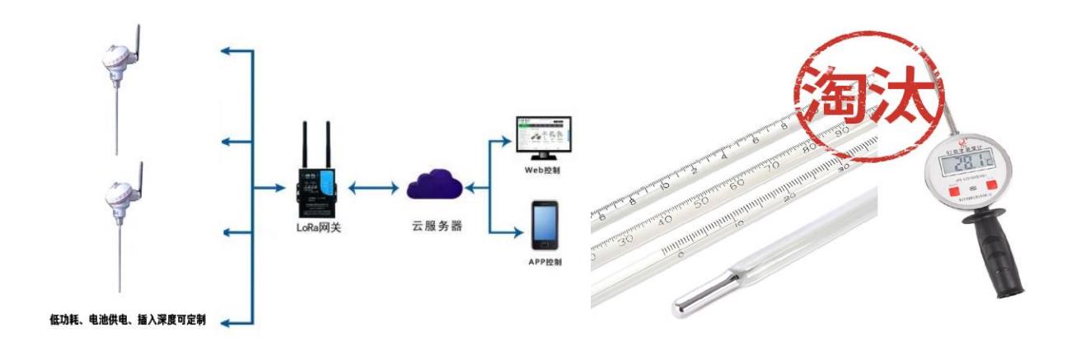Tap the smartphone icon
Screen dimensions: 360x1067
[545, 225]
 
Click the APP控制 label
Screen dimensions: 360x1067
[545, 263]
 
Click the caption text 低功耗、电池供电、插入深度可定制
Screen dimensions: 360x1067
[125, 319]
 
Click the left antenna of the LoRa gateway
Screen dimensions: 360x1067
[305, 144]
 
